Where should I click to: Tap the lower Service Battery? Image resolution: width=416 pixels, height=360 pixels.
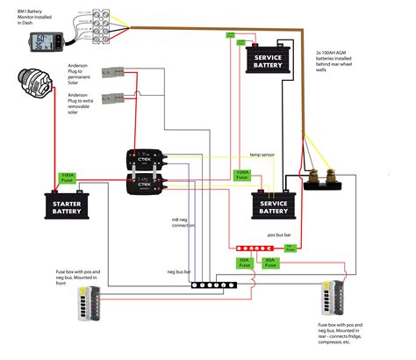(273, 206)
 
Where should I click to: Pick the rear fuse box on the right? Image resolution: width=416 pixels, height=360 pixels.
(335, 298)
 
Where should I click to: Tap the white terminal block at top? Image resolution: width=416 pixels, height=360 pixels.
(109, 18)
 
